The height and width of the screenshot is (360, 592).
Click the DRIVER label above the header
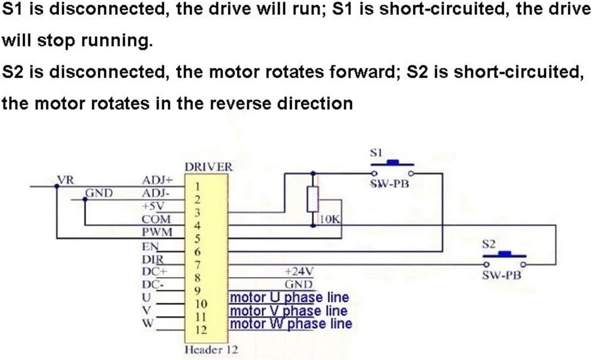click(x=208, y=167)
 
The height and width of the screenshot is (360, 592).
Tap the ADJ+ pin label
click(x=157, y=179)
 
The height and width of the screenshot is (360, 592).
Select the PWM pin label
click(x=156, y=232)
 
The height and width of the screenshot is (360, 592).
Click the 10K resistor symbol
click(x=312, y=197)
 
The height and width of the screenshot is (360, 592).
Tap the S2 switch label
click(x=489, y=244)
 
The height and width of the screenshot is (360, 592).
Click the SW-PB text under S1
click(x=389, y=184)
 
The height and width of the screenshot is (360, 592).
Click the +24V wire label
click(x=297, y=272)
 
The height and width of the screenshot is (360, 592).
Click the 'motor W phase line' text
click(x=292, y=324)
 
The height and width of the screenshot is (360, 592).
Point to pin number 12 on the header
click(x=202, y=330)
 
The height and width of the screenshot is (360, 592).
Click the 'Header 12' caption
click(x=208, y=349)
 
